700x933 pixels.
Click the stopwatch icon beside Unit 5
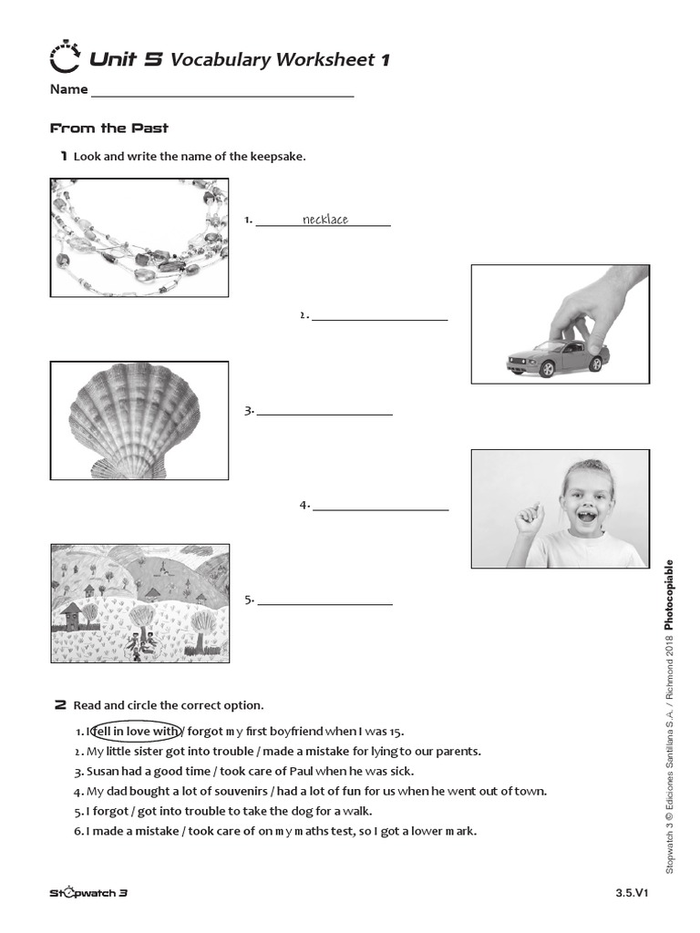click(65, 57)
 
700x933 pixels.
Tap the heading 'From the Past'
click(108, 128)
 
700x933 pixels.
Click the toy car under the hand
click(557, 360)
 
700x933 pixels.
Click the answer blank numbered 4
click(380, 506)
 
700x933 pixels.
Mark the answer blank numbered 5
click(324, 600)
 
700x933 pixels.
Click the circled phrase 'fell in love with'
click(136, 731)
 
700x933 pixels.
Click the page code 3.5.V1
click(631, 894)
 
